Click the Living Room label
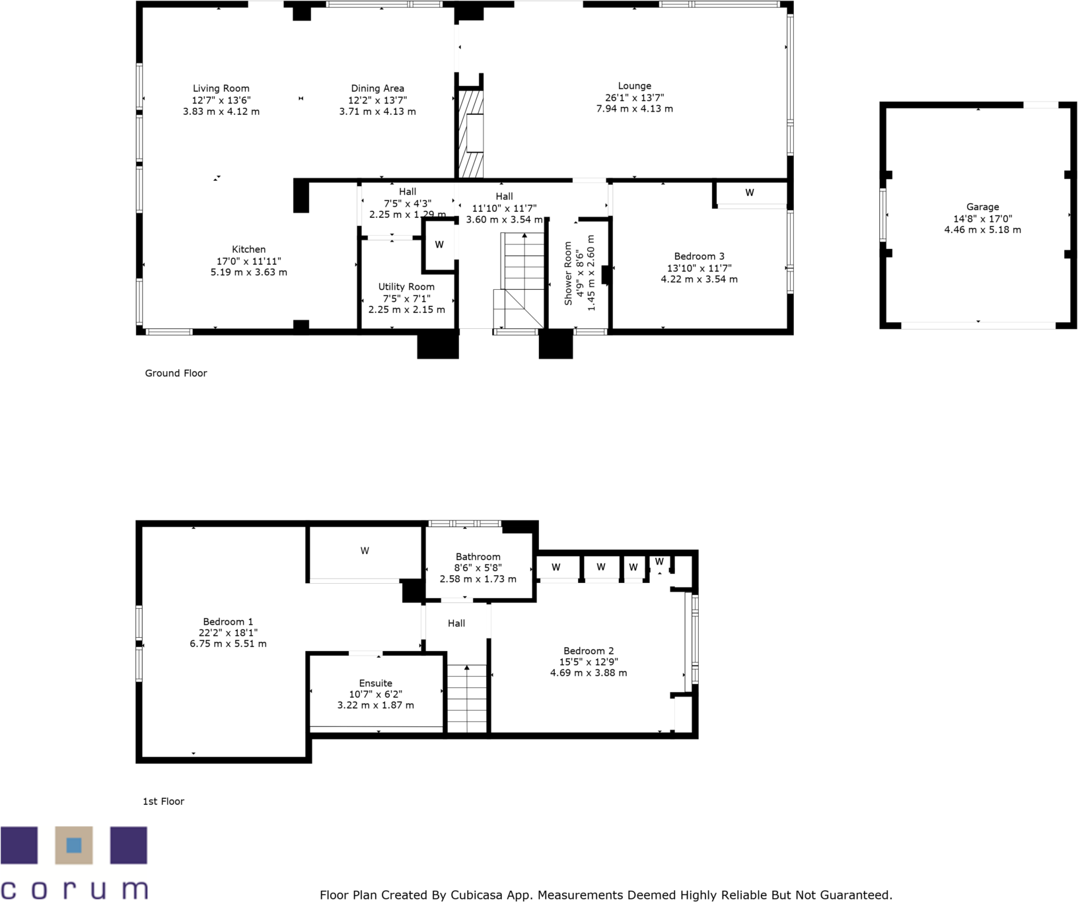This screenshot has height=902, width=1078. coord(221,88)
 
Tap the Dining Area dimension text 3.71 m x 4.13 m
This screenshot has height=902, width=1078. coord(377,112)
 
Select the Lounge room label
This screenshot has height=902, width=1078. coord(634,86)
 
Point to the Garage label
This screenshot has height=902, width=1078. coord(982,207)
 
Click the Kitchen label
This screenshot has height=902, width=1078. coord(248,250)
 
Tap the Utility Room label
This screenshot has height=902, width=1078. coord(406,287)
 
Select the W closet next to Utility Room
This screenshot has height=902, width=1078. coord(439,245)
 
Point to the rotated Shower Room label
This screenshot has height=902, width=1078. coord(567,273)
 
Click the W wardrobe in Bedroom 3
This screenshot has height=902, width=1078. coord(749,193)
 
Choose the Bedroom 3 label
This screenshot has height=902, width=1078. coord(699,256)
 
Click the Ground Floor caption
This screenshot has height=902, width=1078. coord(176,373)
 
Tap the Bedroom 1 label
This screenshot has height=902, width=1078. coord(228,621)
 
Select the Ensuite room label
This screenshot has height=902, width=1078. coord(375,683)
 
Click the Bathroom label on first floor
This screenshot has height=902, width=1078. coord(478,557)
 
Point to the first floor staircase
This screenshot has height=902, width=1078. coord(467,699)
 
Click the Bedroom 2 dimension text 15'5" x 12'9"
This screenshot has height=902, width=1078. coord(588,662)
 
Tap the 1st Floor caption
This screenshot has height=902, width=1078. coord(163,801)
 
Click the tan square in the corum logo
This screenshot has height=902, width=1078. coord(73,845)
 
